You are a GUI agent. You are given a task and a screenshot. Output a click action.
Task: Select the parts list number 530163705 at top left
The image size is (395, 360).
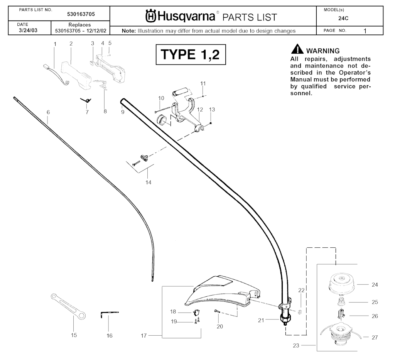click(81, 14)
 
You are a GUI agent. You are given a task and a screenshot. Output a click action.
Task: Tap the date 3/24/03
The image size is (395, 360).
click(28, 30)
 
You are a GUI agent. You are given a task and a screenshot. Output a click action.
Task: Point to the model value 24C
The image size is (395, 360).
click(343, 19)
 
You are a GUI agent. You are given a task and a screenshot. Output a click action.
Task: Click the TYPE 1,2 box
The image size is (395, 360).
click(191, 54)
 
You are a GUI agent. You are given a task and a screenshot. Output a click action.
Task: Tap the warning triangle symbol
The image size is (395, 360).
click(297, 49)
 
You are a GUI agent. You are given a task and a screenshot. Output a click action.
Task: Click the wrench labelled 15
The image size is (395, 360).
click(68, 306)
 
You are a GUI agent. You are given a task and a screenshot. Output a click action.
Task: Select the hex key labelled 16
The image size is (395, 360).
click(109, 314)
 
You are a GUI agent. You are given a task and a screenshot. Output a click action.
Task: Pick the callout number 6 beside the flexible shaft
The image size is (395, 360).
click(48, 112)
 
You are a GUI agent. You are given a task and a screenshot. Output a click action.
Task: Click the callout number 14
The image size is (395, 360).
click(149, 182)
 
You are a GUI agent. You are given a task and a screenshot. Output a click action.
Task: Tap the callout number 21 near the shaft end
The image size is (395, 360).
click(261, 320)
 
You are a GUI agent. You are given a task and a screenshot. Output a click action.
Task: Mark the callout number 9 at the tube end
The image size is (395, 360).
click(123, 112)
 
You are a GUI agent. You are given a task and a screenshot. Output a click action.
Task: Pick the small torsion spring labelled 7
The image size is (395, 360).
click(86, 100)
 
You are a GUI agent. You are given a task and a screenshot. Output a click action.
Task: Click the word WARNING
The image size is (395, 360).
click(323, 51)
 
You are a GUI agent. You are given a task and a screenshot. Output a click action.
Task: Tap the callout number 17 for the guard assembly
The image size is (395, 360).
click(143, 336)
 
